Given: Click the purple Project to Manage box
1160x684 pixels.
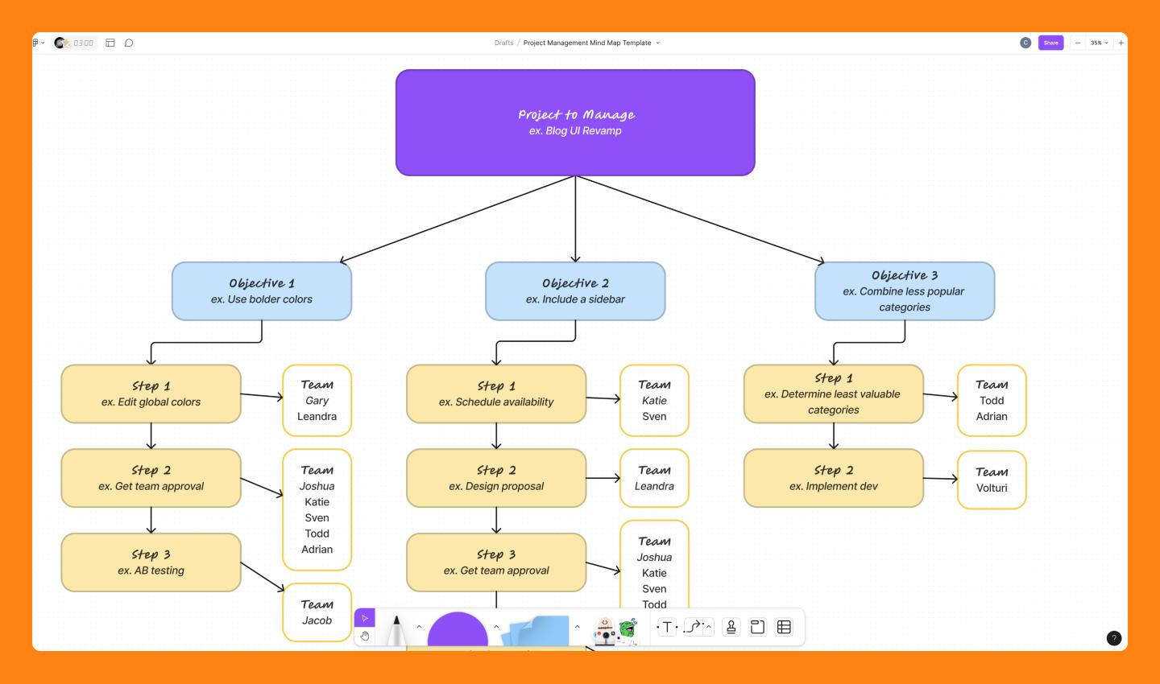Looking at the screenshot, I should [575, 122].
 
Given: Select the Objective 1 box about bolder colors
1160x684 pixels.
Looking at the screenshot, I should [262, 291].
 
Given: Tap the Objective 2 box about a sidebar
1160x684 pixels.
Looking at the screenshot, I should [575, 291].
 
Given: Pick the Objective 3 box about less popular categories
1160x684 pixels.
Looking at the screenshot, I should [904, 291].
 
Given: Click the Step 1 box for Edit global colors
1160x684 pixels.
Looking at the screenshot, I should [151, 394].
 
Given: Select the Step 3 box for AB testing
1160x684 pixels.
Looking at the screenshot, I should [151, 562].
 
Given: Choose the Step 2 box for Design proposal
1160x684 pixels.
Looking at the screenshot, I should [496, 478].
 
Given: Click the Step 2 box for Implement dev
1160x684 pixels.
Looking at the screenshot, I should [833, 478].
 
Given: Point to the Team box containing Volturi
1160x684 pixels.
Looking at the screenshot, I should [991, 480].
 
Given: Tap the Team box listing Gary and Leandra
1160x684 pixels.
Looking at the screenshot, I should [317, 401].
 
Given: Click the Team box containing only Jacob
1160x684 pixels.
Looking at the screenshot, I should [317, 612].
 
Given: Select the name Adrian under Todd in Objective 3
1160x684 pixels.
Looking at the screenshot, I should [992, 417].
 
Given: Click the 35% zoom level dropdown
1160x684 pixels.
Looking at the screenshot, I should [1099, 43].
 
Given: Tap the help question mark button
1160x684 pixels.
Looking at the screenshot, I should [1114, 638].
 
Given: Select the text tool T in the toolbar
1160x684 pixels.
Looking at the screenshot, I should [667, 627].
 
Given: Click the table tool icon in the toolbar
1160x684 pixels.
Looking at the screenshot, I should [784, 627].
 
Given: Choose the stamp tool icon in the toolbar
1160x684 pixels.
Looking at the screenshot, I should [731, 627].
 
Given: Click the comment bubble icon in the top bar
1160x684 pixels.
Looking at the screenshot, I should [129, 43].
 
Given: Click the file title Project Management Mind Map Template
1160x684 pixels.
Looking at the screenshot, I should [587, 43].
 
